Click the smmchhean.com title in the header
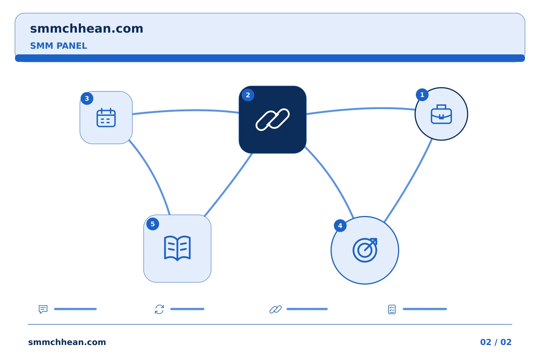click(x=87, y=29)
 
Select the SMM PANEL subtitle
click(x=58, y=46)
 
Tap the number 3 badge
click(x=87, y=98)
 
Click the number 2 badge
click(x=248, y=95)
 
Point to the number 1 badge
click(x=422, y=95)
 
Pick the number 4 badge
click(x=340, y=226)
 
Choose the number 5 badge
click(x=153, y=224)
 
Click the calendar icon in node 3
click(x=106, y=118)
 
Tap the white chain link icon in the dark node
click(x=273, y=120)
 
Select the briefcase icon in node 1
click(x=441, y=114)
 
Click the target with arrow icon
click(x=365, y=250)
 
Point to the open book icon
click(x=177, y=248)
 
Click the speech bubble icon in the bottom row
click(x=43, y=309)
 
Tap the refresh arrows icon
click(x=159, y=309)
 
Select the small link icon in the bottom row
click(x=276, y=309)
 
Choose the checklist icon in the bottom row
click(x=392, y=309)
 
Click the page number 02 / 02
click(x=496, y=342)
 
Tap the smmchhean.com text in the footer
click(x=67, y=342)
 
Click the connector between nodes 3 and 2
click(x=186, y=111)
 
